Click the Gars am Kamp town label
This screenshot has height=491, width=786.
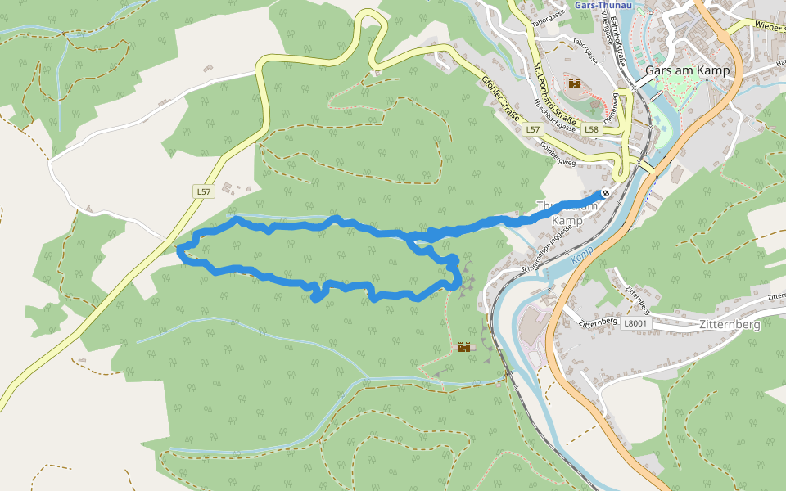click(x=687, y=70)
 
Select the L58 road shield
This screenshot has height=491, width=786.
click(x=593, y=129)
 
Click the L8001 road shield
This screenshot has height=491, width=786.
click(x=635, y=324)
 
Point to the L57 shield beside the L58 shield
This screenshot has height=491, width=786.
click(x=533, y=129)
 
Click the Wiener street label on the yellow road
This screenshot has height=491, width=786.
click(x=770, y=27)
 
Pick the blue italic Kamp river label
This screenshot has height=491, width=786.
click(x=582, y=257)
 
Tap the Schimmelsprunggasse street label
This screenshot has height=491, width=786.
click(x=554, y=255)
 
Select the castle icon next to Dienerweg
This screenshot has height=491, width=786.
click(x=575, y=83)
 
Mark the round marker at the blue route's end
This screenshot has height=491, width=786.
click(x=606, y=193)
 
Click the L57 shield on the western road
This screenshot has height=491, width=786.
click(x=204, y=191)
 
